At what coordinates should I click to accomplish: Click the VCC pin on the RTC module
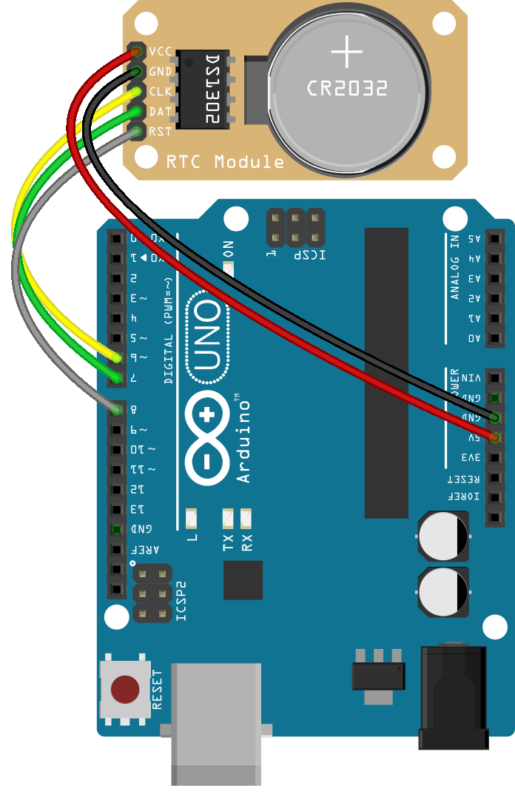136,52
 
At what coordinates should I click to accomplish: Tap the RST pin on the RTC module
136,132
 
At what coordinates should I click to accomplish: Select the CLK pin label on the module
161,92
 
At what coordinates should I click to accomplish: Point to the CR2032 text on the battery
347,89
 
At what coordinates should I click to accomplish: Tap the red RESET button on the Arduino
124,690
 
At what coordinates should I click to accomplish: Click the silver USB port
216,721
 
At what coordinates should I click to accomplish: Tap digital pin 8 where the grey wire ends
116,409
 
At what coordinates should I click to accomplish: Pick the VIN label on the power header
472,377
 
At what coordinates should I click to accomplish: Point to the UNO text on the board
209,337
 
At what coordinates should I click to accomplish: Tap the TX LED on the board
228,516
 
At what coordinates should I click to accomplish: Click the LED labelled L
192,516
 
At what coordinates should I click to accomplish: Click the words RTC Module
225,161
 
